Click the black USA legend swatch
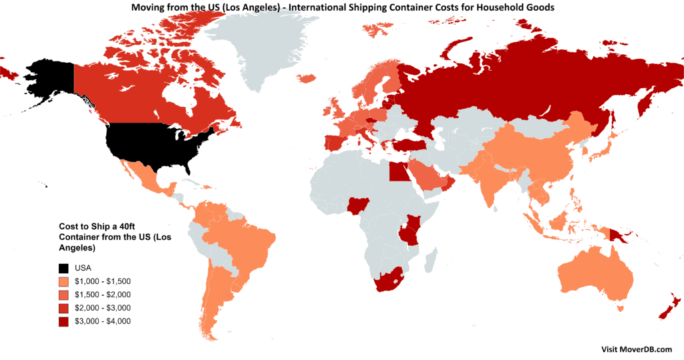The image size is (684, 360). [x=63, y=268]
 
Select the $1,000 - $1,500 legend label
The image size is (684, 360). [x=103, y=281]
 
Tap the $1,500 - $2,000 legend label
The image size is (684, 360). [x=103, y=295]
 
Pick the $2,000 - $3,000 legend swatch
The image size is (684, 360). [x=63, y=308]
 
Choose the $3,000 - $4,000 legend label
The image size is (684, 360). [x=103, y=321]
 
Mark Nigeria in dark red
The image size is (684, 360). [x=355, y=205]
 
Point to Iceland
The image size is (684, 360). [x=307, y=79]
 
